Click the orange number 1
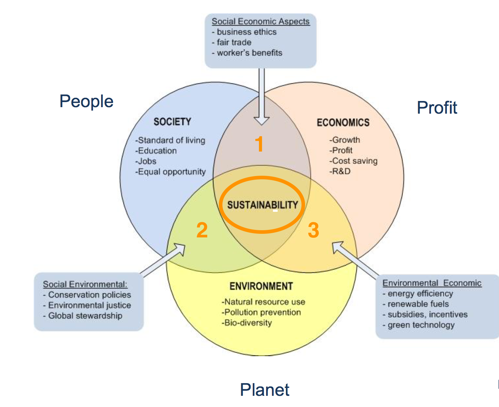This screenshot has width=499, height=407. pos(259,144)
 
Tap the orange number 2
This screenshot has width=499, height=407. pos(202,230)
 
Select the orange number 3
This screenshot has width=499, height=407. pos(313,230)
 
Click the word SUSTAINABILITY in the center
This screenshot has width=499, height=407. pos(262,205)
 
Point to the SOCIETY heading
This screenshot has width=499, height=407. pos(172,122)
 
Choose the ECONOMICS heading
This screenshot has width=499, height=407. pos(343,123)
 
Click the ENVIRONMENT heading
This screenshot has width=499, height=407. pos(261,286)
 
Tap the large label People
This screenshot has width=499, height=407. pos(86,101)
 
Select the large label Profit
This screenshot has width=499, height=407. pos(437,108)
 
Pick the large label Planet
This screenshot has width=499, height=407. pos(265,390)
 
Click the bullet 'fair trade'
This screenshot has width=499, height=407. pos(234,42)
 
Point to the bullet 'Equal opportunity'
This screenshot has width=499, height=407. pos(171,172)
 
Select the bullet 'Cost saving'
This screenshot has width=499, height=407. pos(354,161)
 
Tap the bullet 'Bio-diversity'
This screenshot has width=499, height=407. pos(247,323)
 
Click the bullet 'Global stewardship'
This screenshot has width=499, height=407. pos(85,316)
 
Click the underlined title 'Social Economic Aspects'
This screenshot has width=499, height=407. pos(260,21)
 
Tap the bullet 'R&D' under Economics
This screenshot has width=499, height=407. pos(340,171)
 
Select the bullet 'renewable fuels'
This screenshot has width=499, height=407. pos(418,304)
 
